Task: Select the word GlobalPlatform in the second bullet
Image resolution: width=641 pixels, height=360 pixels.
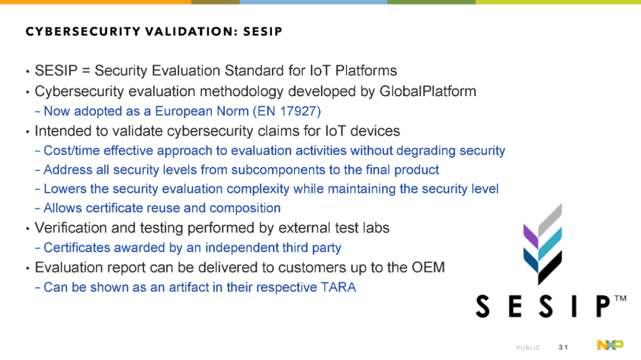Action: (427, 91)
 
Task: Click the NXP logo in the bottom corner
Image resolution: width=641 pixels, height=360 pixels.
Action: (610, 345)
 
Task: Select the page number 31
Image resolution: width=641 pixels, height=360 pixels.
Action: (563, 348)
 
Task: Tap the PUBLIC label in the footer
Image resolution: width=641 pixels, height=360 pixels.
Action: (528, 348)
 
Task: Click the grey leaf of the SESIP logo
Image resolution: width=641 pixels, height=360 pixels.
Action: (550, 220)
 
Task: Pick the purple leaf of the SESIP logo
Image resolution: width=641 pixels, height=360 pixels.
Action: (531, 237)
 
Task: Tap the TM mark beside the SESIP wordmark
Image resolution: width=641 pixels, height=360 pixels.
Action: (620, 298)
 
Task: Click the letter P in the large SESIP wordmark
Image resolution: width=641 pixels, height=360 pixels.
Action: (602, 306)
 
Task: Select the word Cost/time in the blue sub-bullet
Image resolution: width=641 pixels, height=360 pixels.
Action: (72, 151)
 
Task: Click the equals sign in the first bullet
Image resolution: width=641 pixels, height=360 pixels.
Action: (86, 71)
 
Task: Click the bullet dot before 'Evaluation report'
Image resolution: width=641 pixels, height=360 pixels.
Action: (27, 269)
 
